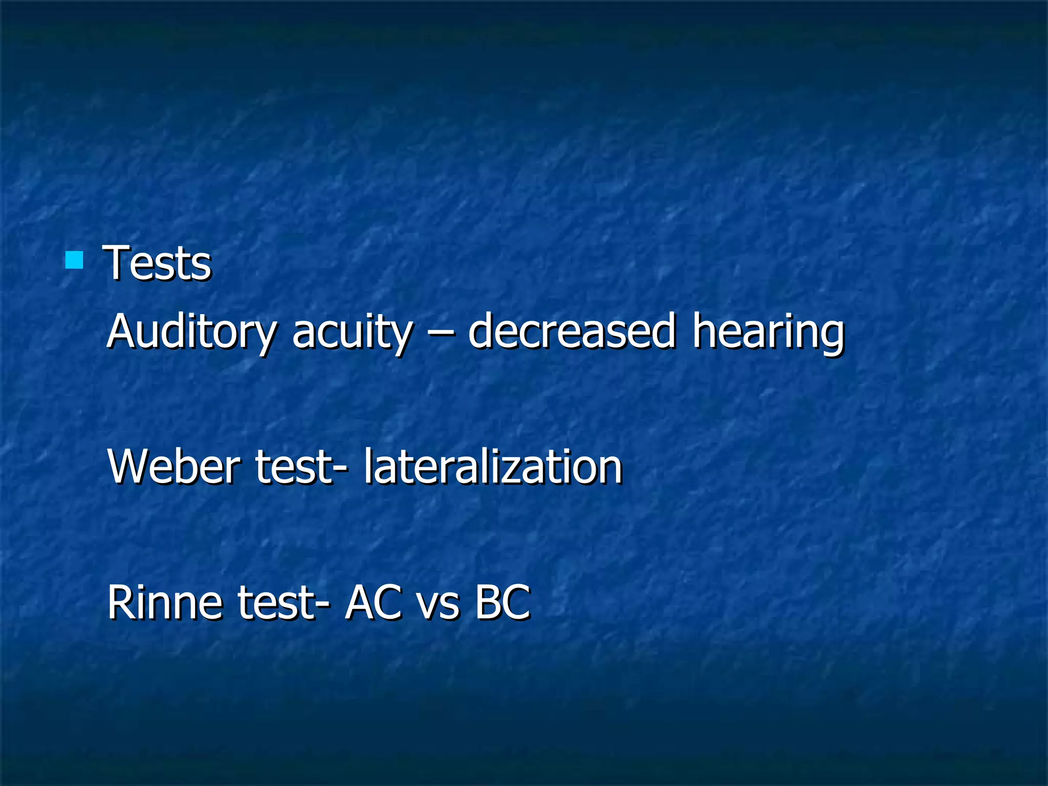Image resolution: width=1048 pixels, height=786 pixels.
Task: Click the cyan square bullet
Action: pos(74,260)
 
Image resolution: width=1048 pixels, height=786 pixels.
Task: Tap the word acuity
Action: pos(352,333)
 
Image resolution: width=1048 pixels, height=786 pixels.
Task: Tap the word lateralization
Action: pos(492,467)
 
